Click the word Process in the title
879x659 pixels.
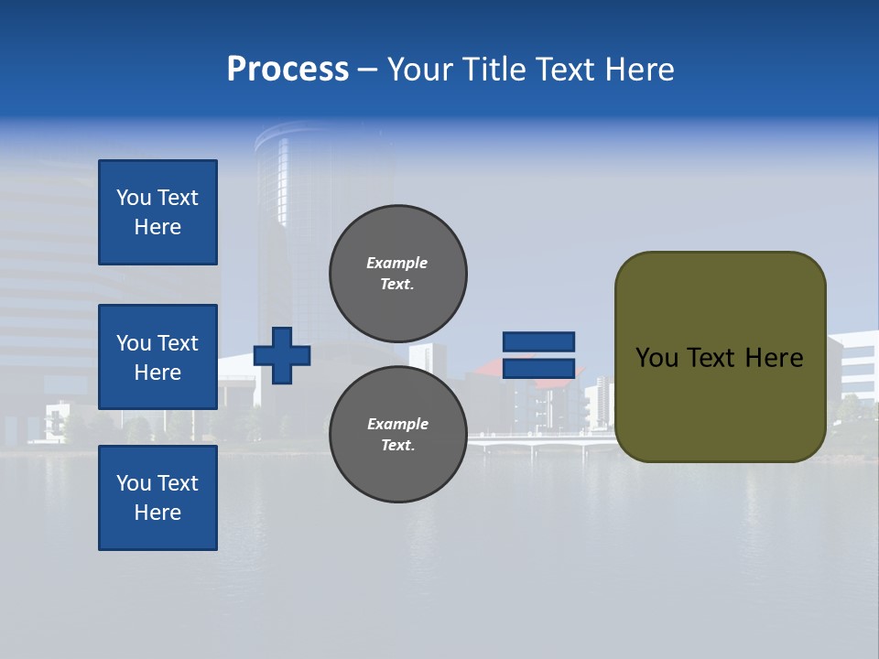pos(288,70)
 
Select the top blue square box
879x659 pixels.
pos(157,212)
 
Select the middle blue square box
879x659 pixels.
pos(157,357)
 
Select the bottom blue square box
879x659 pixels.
pos(157,498)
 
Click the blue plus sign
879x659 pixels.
pos(282,355)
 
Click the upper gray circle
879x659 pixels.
pos(398,274)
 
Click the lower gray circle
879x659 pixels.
pos(398,435)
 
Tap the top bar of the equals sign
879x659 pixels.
pos(538,341)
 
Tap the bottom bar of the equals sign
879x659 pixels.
pos(538,369)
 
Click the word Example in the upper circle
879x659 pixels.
pos(397,263)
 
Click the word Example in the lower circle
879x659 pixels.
pos(397,424)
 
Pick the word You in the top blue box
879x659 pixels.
pos(133,198)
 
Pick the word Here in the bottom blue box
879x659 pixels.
pos(157,513)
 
